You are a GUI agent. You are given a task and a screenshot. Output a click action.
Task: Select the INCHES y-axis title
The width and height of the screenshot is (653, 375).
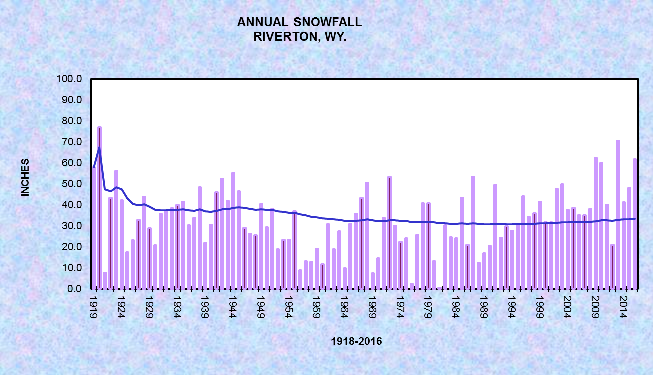click(x=25, y=177)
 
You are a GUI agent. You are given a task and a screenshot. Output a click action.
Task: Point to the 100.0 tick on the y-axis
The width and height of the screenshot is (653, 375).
click(x=72, y=79)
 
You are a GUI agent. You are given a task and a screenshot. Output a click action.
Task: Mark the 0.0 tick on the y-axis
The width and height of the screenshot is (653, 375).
click(x=76, y=289)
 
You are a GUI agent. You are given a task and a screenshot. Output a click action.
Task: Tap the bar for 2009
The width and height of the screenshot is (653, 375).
click(x=596, y=223)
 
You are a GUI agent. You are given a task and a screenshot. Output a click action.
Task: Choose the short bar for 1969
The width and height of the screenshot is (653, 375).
click(x=373, y=281)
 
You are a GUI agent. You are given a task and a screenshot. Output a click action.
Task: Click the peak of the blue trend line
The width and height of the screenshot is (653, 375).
click(x=99, y=147)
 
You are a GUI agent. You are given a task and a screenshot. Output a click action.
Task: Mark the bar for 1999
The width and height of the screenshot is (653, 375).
click(x=540, y=245)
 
